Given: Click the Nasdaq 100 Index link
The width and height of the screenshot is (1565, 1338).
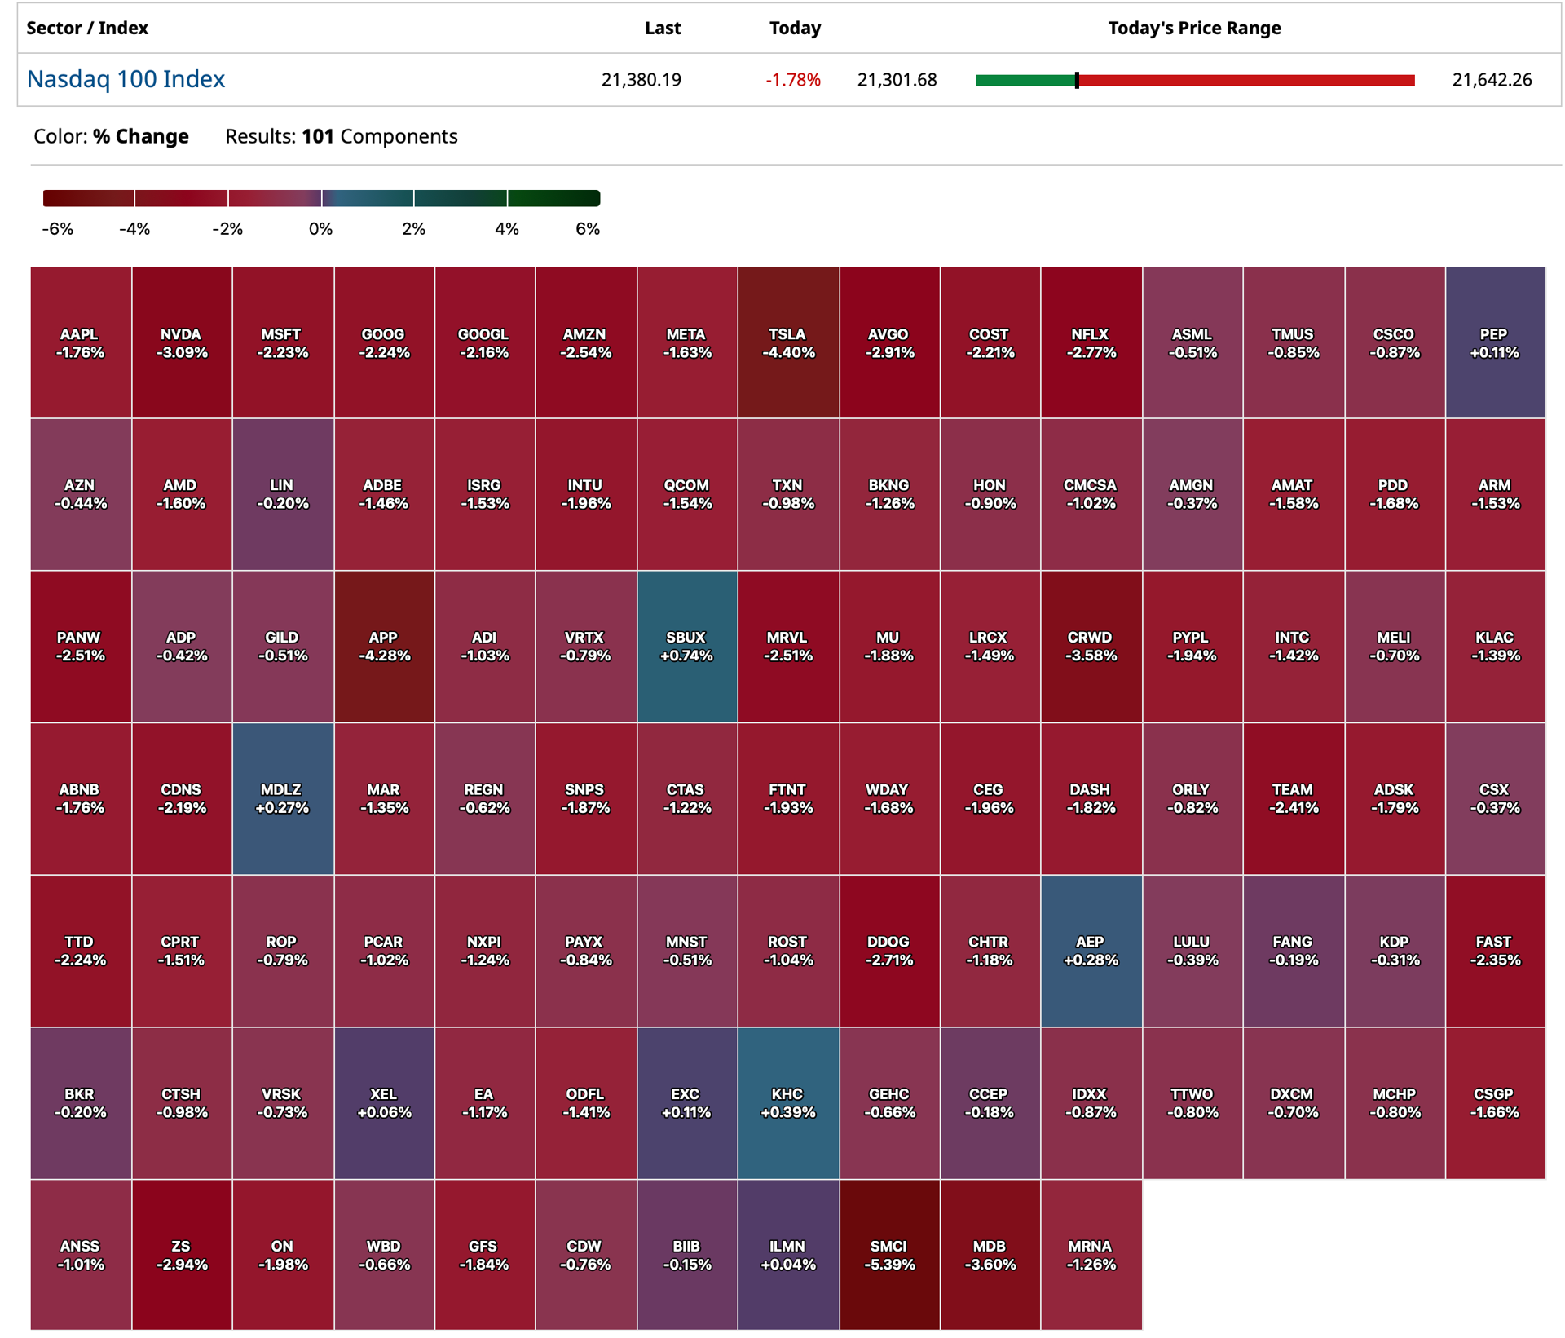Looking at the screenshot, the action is click(x=126, y=79).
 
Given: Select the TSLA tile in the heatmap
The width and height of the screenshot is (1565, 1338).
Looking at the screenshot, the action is click(x=788, y=342).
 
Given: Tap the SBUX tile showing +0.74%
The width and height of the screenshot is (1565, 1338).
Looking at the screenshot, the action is click(x=687, y=647).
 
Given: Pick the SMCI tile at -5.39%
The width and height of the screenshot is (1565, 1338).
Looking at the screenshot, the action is click(x=889, y=1255).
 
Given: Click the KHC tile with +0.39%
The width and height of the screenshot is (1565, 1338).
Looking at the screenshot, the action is click(x=788, y=1103).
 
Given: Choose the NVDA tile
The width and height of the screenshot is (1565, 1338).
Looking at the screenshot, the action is click(x=182, y=342).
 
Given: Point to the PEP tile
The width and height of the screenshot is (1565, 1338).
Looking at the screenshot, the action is click(x=1496, y=342).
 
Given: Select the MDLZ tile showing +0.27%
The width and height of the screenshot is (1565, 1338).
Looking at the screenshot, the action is click(x=283, y=799).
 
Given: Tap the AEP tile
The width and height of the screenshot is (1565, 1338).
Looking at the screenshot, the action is click(x=1091, y=951).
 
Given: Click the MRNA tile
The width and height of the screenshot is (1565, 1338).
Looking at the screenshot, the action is click(x=1091, y=1255).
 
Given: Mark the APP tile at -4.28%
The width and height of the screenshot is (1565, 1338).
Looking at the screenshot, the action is click(x=384, y=647).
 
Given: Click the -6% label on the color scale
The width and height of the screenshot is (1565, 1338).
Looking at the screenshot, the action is click(x=58, y=229).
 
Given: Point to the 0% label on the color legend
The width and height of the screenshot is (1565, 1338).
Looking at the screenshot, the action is click(x=320, y=229).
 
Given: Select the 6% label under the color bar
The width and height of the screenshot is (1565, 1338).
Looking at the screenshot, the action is click(x=588, y=229).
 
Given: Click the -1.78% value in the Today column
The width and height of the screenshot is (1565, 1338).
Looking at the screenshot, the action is click(x=792, y=80).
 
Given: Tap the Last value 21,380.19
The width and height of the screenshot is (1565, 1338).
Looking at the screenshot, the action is click(x=641, y=80).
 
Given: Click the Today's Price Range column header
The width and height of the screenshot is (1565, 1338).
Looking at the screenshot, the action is click(x=1194, y=29).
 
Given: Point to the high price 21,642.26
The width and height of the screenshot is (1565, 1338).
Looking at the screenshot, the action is click(x=1492, y=80).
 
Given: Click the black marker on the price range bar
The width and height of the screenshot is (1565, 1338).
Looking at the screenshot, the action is click(x=1077, y=80).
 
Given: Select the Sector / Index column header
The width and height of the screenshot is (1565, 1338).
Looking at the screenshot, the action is click(x=87, y=29).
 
